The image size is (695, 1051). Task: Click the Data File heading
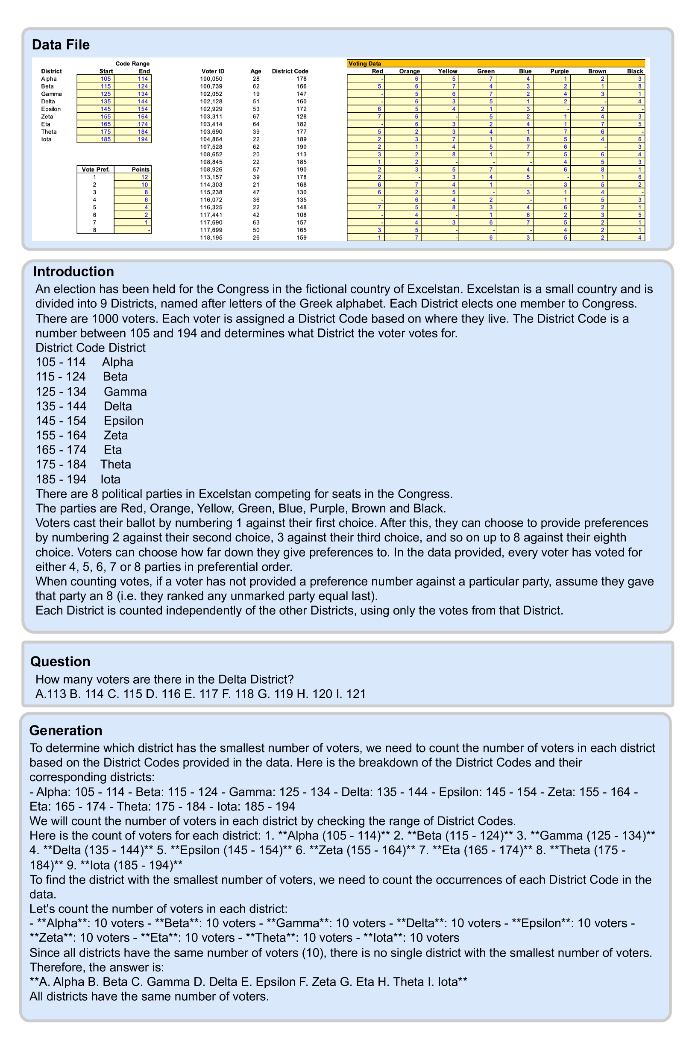click(61, 45)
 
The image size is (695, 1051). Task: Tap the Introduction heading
click(73, 272)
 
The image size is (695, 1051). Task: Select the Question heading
click(60, 662)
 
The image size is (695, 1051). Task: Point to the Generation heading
click(66, 731)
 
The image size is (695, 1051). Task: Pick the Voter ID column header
click(213, 71)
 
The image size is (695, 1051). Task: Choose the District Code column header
click(290, 71)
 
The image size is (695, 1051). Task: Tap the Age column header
click(256, 71)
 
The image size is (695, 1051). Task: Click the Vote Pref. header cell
click(95, 169)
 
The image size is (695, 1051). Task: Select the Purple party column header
click(559, 71)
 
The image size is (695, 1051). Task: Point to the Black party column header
click(635, 71)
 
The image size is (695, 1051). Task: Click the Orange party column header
click(409, 71)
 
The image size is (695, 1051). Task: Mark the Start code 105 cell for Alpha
click(106, 79)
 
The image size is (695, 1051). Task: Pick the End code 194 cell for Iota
click(143, 139)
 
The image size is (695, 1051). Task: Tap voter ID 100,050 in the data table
click(211, 79)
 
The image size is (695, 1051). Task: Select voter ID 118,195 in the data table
click(211, 238)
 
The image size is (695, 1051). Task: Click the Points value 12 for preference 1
click(144, 177)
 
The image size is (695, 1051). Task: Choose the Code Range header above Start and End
click(132, 64)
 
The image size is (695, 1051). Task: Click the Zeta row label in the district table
click(47, 117)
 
